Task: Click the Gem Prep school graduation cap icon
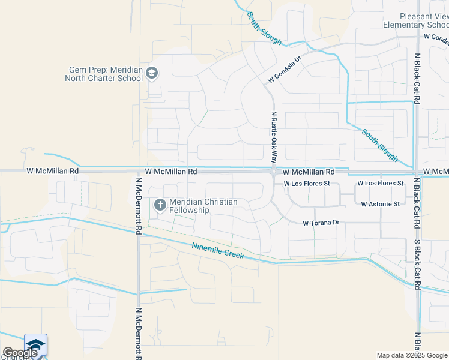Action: [x=152, y=74]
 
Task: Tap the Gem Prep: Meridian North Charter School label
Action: [x=106, y=74]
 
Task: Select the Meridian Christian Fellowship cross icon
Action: [x=160, y=205]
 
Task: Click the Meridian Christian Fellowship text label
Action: [x=203, y=206]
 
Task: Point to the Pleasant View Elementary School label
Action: [x=415, y=20]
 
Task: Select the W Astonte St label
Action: [x=380, y=204]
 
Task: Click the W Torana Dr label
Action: [x=321, y=223]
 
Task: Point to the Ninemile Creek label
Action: [x=218, y=251]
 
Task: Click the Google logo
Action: [x=20, y=353]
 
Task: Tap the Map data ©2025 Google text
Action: [x=411, y=355]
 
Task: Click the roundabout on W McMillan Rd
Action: [x=274, y=172]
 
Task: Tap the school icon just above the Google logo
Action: [x=35, y=344]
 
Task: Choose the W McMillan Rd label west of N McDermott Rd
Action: [x=53, y=171]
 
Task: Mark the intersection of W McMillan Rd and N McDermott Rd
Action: [x=138, y=172]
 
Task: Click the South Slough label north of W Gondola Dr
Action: [x=264, y=27]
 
